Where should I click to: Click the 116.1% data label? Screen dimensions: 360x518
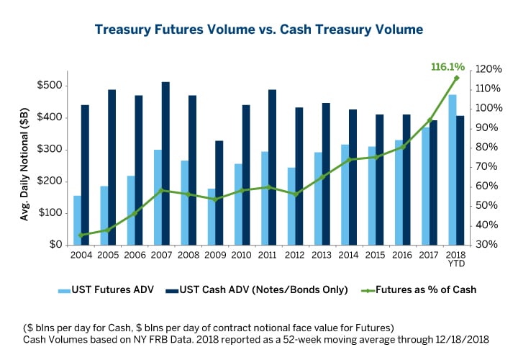(x=447, y=66)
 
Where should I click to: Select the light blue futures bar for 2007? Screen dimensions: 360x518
(x=158, y=197)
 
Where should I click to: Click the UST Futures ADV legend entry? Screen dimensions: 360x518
(x=105, y=289)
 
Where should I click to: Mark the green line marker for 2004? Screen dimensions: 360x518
(x=81, y=235)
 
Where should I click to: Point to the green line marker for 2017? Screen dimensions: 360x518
(x=430, y=121)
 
